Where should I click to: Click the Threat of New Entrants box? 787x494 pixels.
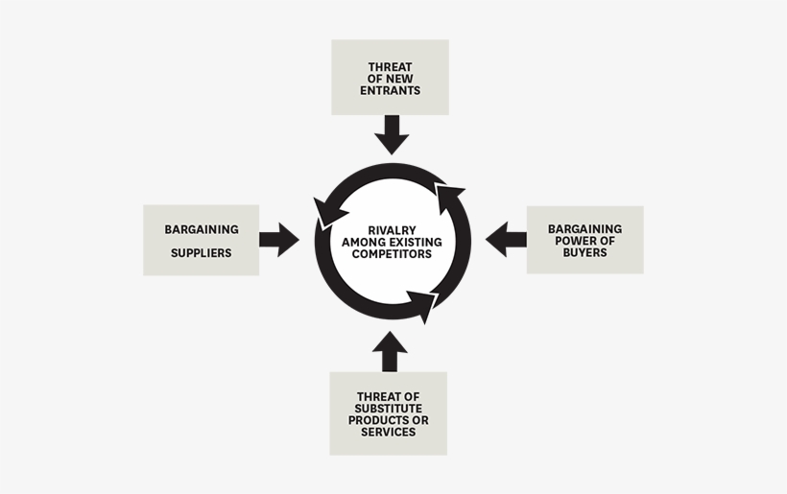[390, 77]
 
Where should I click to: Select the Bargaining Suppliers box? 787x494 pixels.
[201, 240]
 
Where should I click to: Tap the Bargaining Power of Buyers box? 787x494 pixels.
[584, 240]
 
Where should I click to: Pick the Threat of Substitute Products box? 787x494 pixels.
[388, 412]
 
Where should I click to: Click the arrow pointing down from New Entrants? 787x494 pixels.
[392, 134]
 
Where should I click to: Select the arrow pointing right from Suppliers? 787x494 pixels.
[278, 240]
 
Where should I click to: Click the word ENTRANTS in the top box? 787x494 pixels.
[391, 90]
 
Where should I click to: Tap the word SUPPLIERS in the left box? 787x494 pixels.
[201, 253]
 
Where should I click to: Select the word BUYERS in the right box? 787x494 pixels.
[584, 252]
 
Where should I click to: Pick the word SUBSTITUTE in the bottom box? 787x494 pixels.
[388, 409]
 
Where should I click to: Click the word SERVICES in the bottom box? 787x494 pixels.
[388, 433]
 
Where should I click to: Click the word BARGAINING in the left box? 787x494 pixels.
[201, 230]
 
